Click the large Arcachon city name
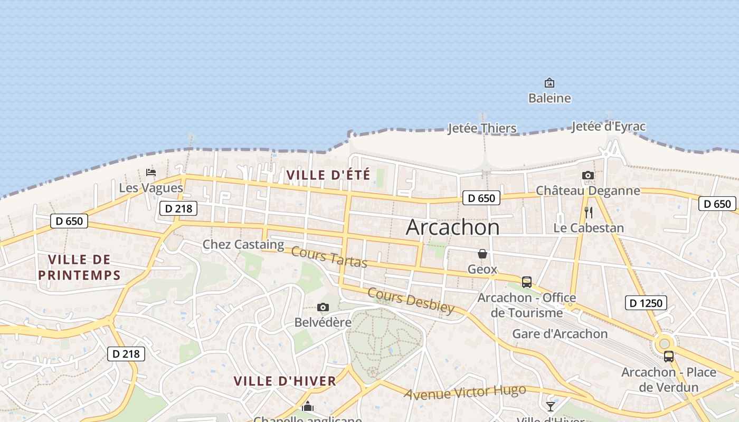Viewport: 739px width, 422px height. pyautogui.click(x=452, y=227)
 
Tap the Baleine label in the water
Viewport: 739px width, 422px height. pyautogui.click(x=549, y=98)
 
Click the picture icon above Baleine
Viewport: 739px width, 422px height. pyautogui.click(x=549, y=83)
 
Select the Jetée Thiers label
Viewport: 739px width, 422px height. pyautogui.click(x=482, y=128)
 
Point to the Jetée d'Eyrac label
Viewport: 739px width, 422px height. pyautogui.click(x=608, y=127)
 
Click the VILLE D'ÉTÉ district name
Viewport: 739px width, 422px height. pyautogui.click(x=328, y=175)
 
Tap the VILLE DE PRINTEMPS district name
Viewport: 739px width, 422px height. pyautogui.click(x=79, y=267)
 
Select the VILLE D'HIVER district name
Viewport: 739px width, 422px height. pyautogui.click(x=285, y=381)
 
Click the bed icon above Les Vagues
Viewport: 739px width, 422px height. pyautogui.click(x=151, y=172)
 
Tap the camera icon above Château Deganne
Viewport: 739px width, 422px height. pyautogui.click(x=588, y=176)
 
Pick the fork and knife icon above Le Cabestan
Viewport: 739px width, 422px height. pyautogui.click(x=589, y=213)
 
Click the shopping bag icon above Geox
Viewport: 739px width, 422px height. pyautogui.click(x=482, y=254)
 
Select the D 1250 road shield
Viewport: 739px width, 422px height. pyautogui.click(x=646, y=303)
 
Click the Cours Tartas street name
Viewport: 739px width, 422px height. pyautogui.click(x=329, y=257)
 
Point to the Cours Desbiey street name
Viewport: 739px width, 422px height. pyautogui.click(x=410, y=301)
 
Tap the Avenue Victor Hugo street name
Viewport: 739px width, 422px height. pyautogui.click(x=465, y=392)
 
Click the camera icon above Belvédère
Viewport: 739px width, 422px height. pyautogui.click(x=323, y=307)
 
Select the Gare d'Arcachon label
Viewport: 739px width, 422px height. pyautogui.click(x=560, y=334)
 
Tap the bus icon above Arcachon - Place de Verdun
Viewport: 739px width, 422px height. pyautogui.click(x=669, y=357)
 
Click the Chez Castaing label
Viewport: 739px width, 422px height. pyautogui.click(x=243, y=244)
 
